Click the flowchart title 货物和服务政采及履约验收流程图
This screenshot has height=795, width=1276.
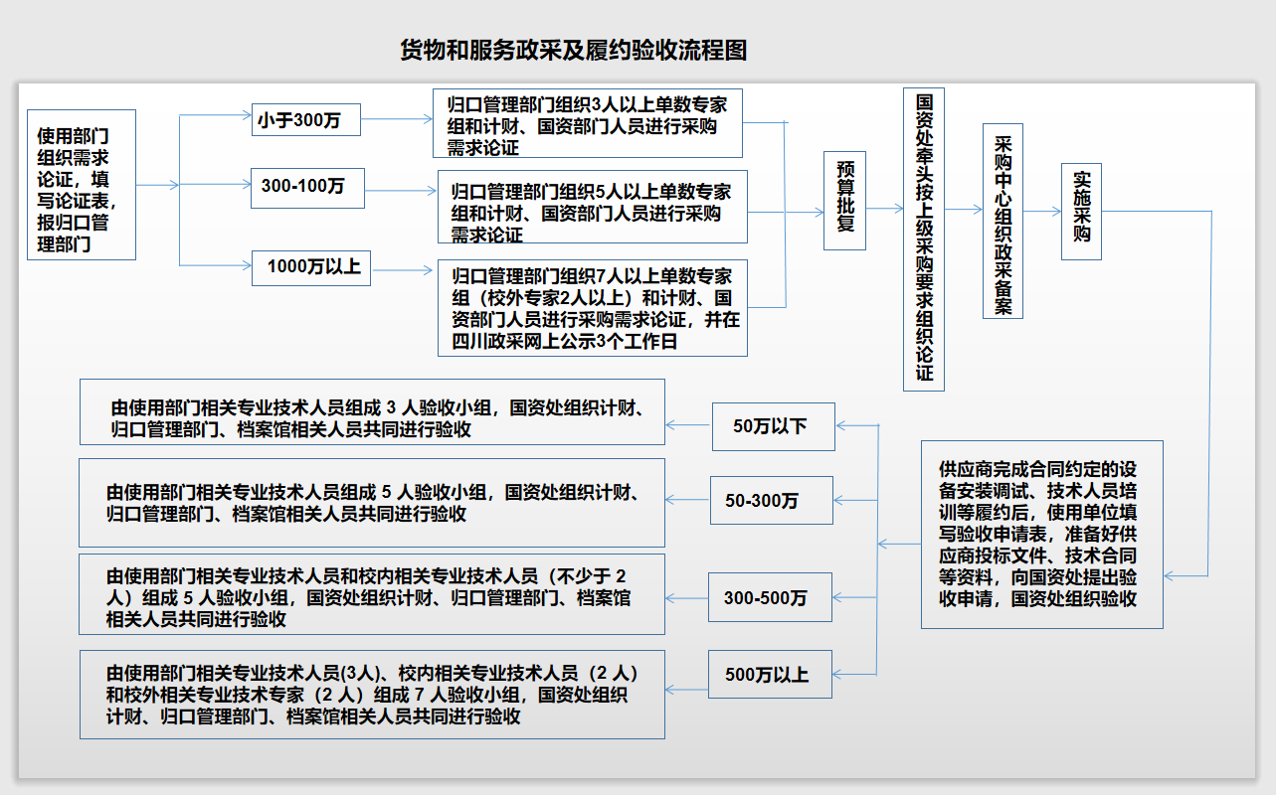tap(573, 51)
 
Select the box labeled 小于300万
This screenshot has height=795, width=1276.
tap(304, 120)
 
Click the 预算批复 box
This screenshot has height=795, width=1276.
tap(845, 200)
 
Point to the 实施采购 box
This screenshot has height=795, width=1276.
tap(1081, 211)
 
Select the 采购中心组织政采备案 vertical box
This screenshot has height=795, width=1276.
tap(1003, 221)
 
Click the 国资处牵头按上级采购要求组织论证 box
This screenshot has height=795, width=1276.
tap(924, 238)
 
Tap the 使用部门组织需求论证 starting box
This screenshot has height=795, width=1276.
tap(82, 185)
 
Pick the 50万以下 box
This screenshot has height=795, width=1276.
tap(773, 426)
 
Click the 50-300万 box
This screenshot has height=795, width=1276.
tap(771, 500)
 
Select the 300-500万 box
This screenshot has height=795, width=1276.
tap(770, 597)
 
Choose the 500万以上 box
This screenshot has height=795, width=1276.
tap(770, 675)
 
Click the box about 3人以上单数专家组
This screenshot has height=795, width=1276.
tap(588, 124)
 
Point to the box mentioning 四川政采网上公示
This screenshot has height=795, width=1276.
tap(592, 308)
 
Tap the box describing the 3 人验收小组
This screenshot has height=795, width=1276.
tap(372, 412)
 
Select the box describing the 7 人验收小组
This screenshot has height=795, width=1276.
tap(372, 694)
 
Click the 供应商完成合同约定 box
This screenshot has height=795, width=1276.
tap(1041, 534)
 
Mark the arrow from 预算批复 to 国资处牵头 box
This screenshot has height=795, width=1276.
tap(884, 210)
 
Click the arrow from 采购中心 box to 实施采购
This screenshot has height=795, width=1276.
tap(1042, 211)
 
